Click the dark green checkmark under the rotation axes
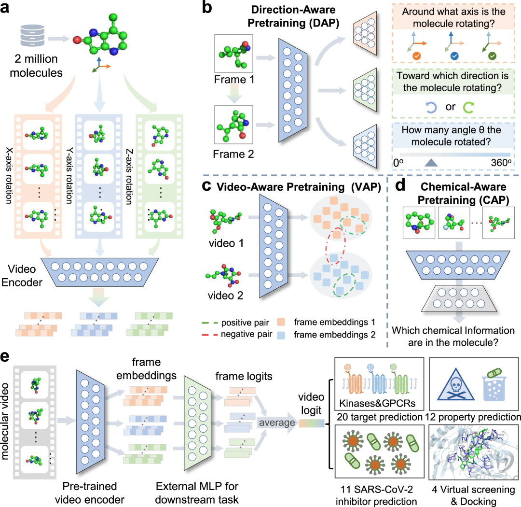pyautogui.click(x=492, y=56)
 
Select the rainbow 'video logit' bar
pyautogui.click(x=313, y=423)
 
